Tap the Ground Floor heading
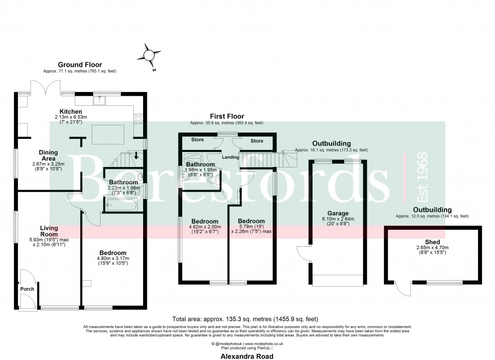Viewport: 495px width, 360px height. tap(80, 65)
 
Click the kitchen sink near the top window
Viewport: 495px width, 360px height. tap(100, 101)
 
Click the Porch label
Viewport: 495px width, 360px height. tap(27, 289)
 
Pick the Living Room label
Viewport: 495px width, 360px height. tap(49, 231)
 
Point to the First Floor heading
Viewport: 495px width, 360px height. tap(227, 117)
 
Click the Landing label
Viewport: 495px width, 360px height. tap(231, 157)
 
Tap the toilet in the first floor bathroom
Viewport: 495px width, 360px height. tap(211, 180)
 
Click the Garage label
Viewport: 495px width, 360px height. tap(338, 213)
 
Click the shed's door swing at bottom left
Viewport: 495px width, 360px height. tap(401, 289)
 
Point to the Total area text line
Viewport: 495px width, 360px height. tap(245, 319)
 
